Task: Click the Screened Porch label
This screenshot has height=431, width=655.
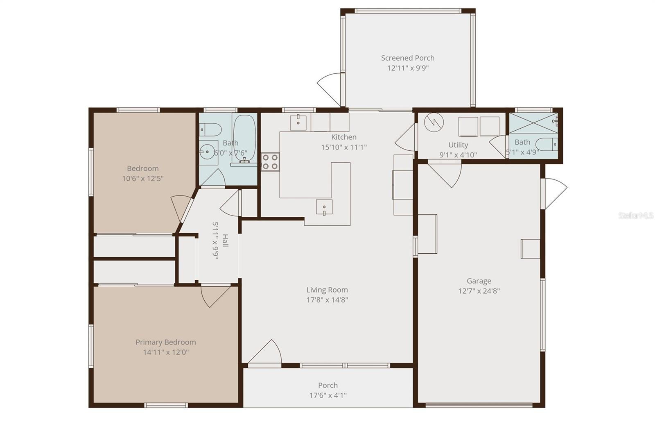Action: click(x=407, y=58)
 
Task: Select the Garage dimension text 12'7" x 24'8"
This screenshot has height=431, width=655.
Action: click(x=479, y=291)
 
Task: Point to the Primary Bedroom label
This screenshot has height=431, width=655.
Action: click(x=165, y=342)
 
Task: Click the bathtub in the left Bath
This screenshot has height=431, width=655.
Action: click(x=244, y=138)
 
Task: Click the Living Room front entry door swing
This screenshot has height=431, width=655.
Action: click(x=266, y=352)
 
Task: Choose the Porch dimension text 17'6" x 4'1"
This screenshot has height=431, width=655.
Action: click(x=327, y=395)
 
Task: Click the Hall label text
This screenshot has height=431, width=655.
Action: click(x=225, y=241)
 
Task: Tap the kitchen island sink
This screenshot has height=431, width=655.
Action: click(x=324, y=207)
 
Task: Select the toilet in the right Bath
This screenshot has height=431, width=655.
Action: click(x=547, y=144)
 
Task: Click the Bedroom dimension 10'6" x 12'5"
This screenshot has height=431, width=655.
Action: click(x=142, y=179)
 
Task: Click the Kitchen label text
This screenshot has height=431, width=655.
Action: click(x=343, y=137)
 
